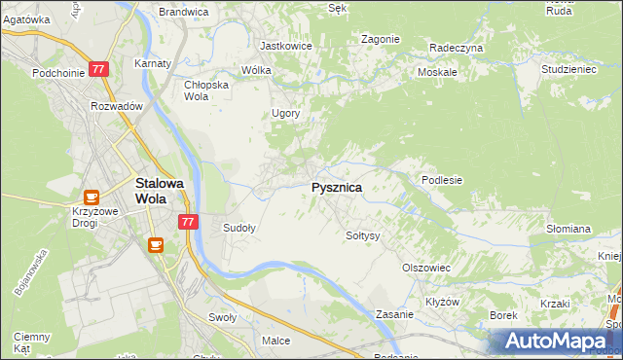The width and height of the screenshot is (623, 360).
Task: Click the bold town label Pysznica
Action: (x=337, y=188)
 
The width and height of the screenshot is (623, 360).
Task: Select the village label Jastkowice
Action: (x=285, y=46)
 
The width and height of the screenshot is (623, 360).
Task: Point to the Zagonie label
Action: (x=381, y=39)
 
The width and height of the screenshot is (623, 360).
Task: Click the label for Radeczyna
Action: (x=457, y=47)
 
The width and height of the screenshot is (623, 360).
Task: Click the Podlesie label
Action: (x=441, y=180)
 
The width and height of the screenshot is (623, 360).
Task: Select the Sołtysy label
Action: (x=362, y=235)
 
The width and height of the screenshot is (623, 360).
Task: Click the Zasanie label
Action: (x=396, y=315)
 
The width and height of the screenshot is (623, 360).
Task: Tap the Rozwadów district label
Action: (x=117, y=106)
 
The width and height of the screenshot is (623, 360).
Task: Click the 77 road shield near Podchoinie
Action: (x=98, y=70)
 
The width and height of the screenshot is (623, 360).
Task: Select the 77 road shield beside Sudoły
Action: (x=189, y=222)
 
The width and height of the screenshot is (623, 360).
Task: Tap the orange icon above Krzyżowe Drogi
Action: (x=91, y=198)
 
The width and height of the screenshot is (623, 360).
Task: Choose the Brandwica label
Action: (x=184, y=12)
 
